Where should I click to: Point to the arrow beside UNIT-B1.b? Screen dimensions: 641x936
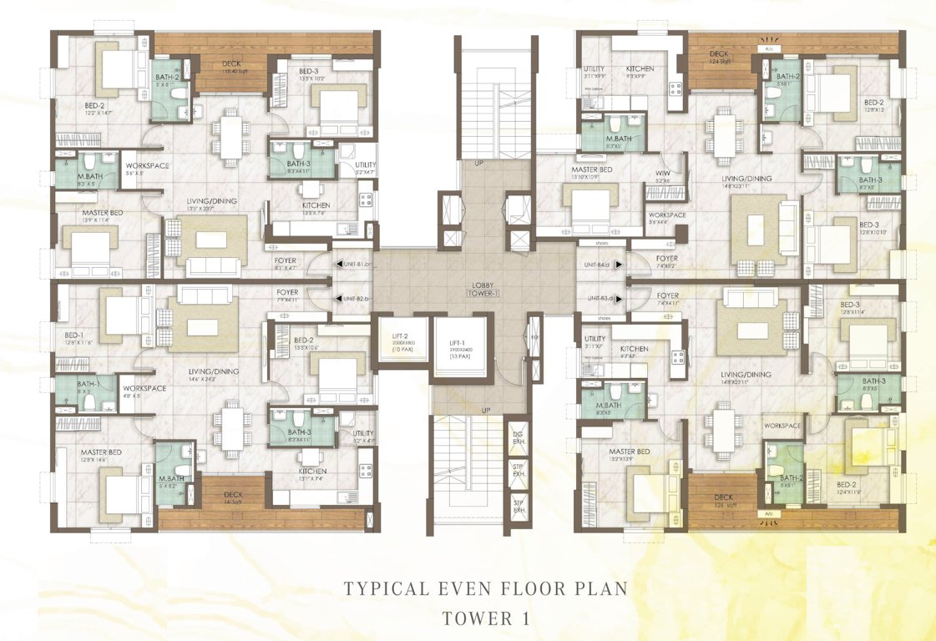click(338, 265)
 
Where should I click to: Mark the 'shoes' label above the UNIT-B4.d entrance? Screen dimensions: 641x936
click(601, 244)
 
